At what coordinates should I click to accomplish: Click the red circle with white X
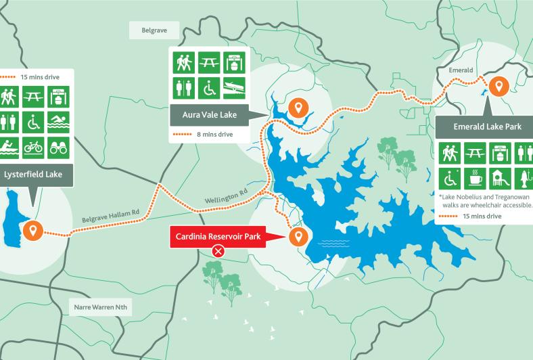point(218,252)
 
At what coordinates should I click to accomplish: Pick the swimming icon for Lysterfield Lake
point(57,122)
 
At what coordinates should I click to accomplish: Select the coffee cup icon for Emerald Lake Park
point(477,179)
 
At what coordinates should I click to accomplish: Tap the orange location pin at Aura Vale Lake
point(298,108)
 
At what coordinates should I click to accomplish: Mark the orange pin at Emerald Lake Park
point(499,87)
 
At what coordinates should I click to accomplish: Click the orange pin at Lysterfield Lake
point(31,230)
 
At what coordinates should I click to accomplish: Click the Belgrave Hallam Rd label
point(110,217)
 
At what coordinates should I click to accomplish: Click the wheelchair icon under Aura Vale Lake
point(208,87)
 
